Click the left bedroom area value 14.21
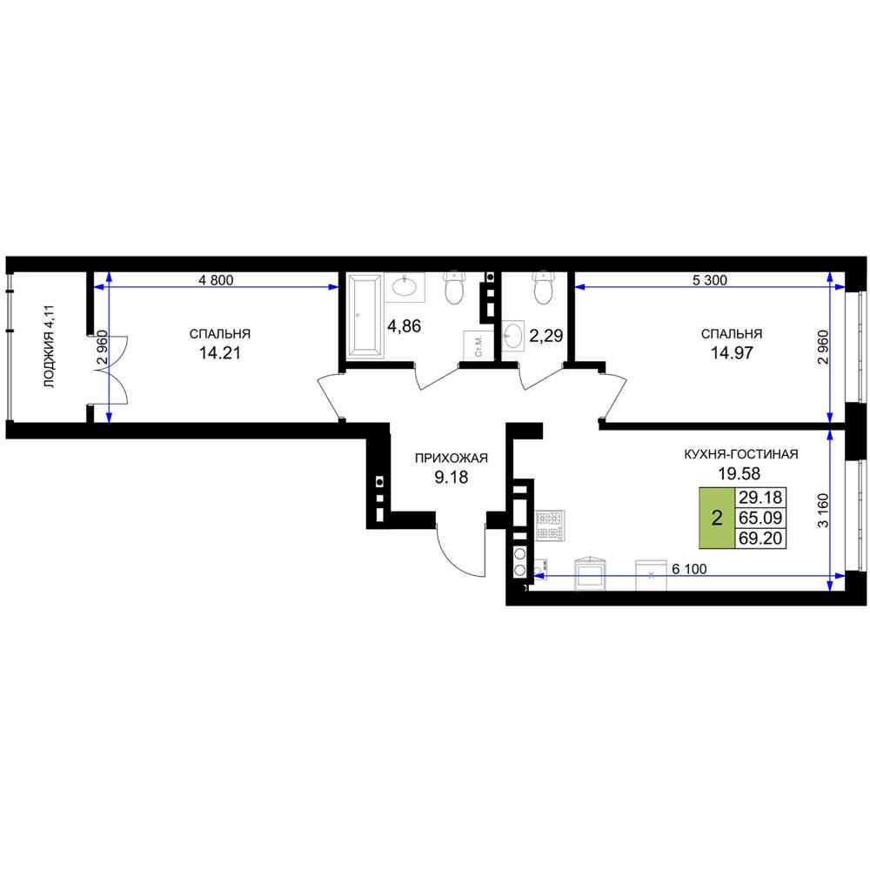[x=220, y=353]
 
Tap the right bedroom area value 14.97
[x=732, y=353]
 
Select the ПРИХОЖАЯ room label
[x=451, y=458]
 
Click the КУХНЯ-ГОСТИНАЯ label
[x=740, y=454]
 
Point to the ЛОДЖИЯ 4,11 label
[x=50, y=346]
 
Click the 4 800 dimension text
[x=216, y=280]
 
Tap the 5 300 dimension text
[x=710, y=280]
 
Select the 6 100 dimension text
[x=689, y=569]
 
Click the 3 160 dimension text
[x=823, y=511]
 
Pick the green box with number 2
[x=716, y=519]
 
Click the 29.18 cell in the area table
[x=760, y=497]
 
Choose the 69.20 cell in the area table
[x=760, y=539]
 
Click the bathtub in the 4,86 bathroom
[x=365, y=315]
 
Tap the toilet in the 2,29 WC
[x=542, y=287]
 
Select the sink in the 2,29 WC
[x=512, y=336]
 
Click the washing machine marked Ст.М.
[x=474, y=345]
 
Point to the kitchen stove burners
[x=549, y=525]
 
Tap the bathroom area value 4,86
[x=404, y=326]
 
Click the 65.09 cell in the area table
[x=760, y=518]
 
